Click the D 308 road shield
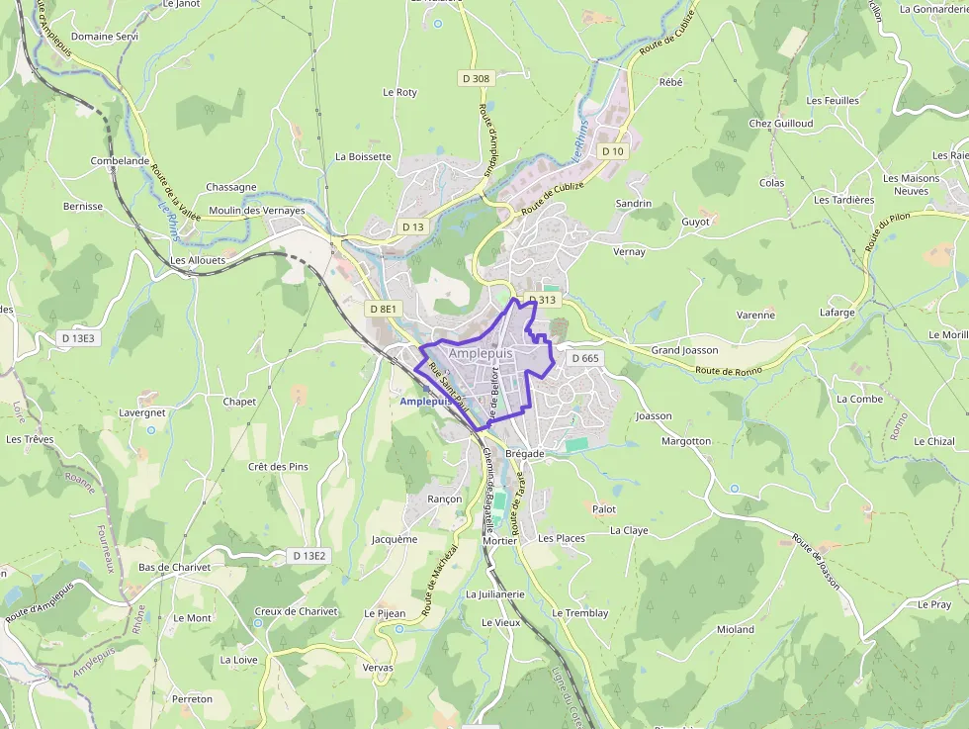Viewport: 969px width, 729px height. coord(476,78)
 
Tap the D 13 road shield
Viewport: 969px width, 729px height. coord(412,227)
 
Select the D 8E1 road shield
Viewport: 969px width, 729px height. coord(383,309)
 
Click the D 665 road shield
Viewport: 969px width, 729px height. coord(584,358)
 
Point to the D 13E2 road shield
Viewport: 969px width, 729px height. coord(309,556)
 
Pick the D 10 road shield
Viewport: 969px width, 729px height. coord(613,151)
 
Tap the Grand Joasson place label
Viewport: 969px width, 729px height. coord(684,350)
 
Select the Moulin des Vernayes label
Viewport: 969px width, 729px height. coord(256,211)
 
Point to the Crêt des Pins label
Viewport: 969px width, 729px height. coord(278,467)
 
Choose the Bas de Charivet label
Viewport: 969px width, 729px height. coord(175,568)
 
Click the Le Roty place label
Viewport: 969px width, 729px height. coord(399,92)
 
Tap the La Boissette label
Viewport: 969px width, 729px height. coord(363,156)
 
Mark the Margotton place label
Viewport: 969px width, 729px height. coord(686,441)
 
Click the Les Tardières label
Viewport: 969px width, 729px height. coord(843,200)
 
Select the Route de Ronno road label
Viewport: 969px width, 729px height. coord(728,371)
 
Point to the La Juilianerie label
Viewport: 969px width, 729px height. coord(494,594)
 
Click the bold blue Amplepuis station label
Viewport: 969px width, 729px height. coord(426,402)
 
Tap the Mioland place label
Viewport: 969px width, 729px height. coord(736,629)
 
